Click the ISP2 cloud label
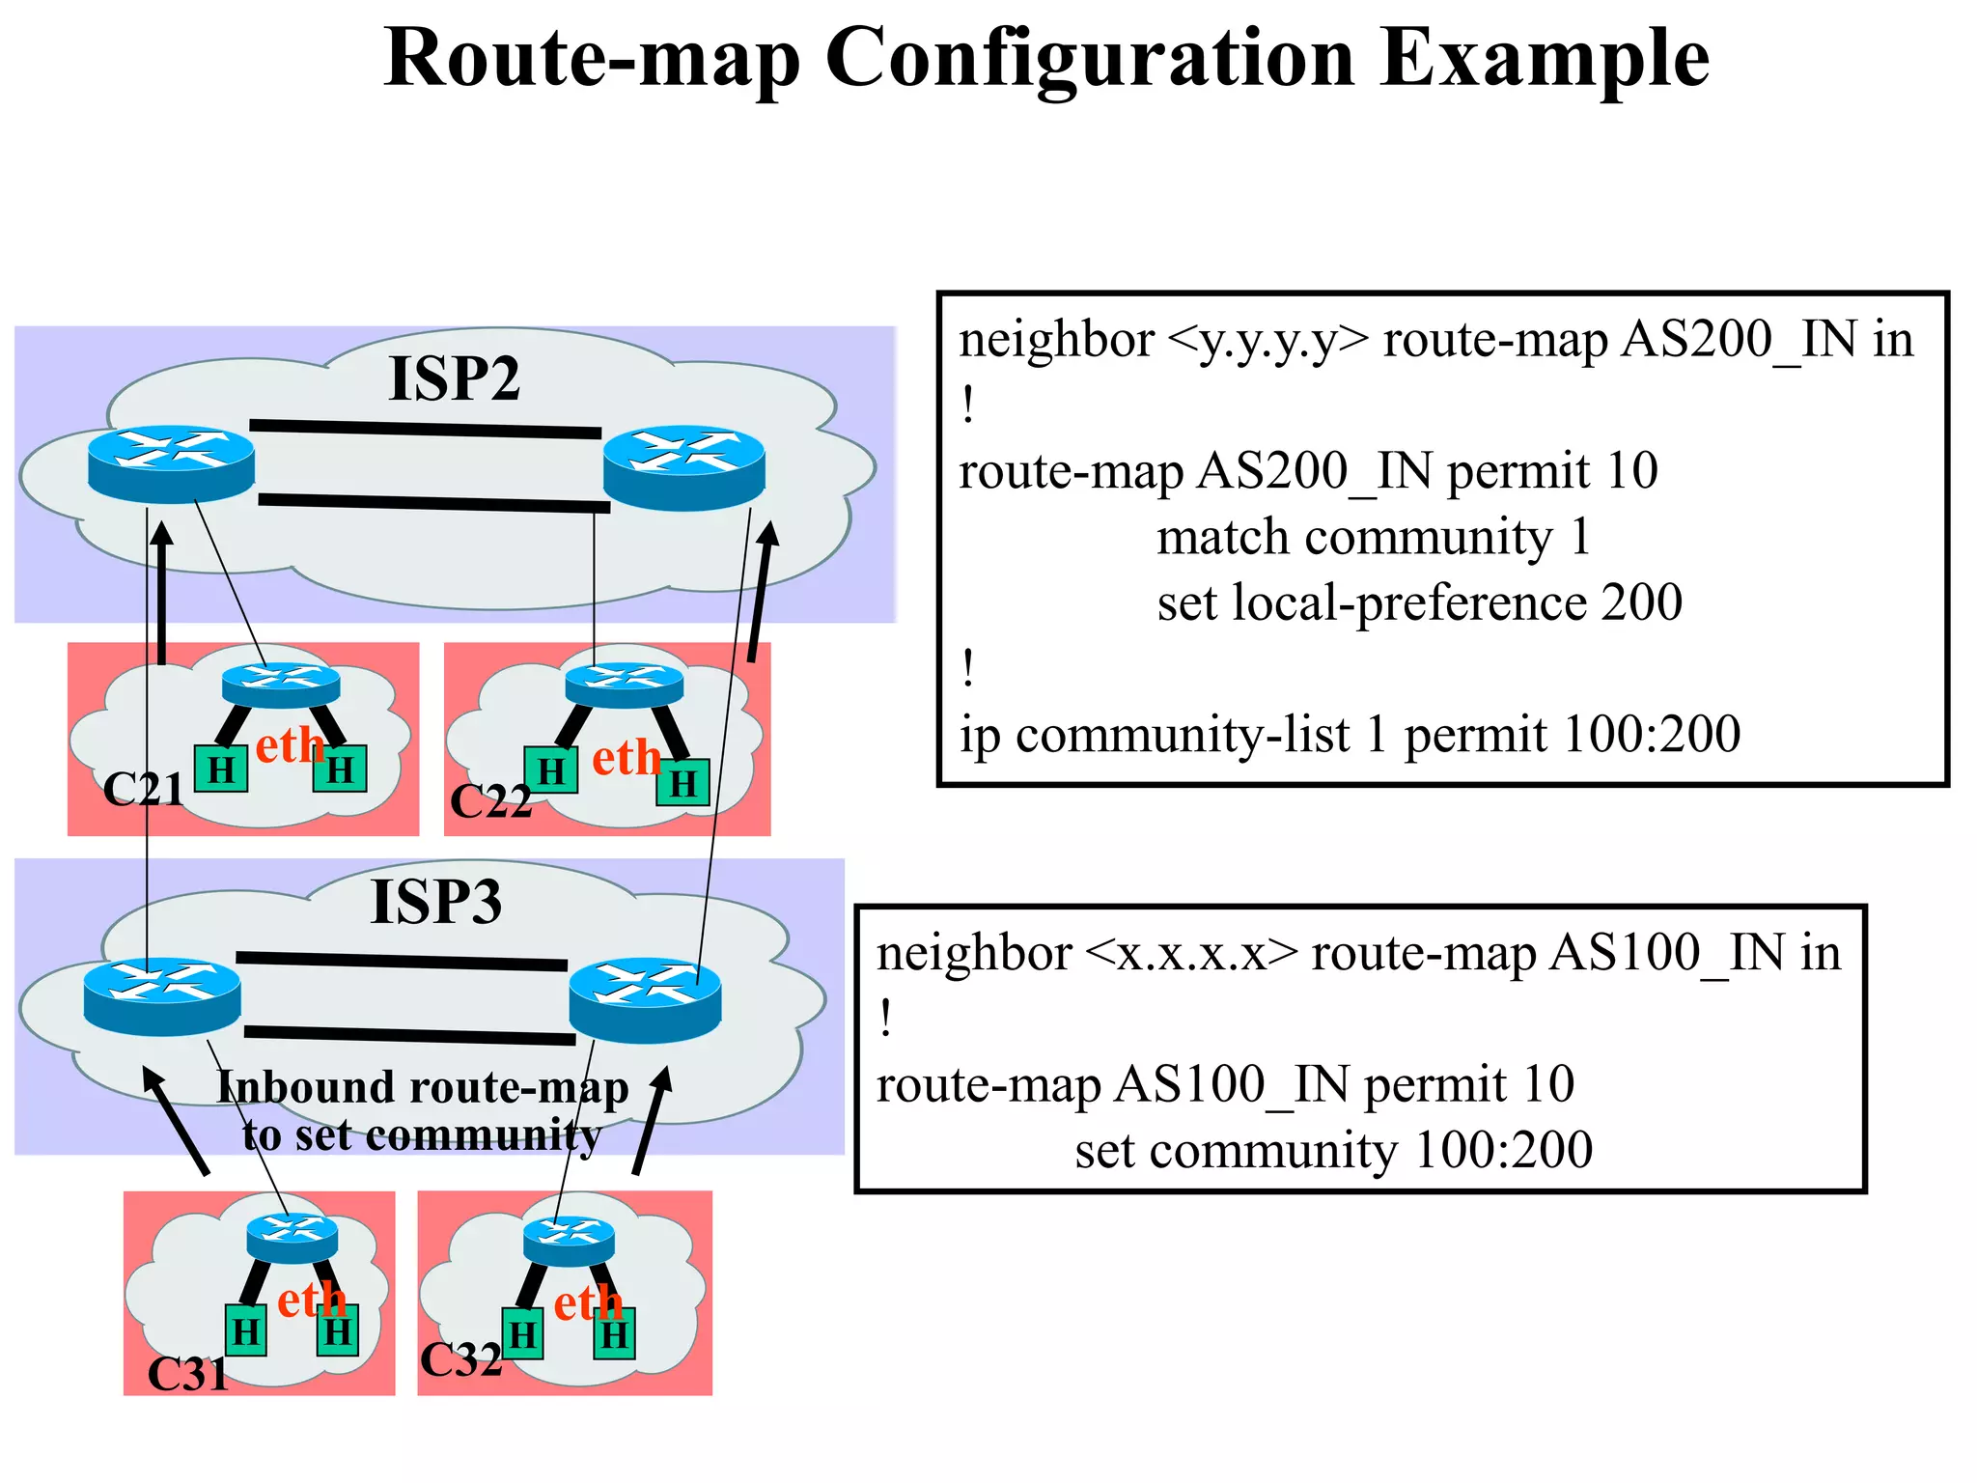pyautogui.click(x=454, y=378)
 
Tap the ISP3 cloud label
pyautogui.click(x=436, y=902)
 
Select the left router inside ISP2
pyautogui.click(x=171, y=463)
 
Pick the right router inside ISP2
pyautogui.click(x=683, y=467)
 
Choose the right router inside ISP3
pyautogui.click(x=645, y=999)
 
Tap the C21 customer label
pyautogui.click(x=143, y=790)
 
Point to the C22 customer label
pyautogui.click(x=490, y=801)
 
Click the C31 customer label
pyautogui.click(x=188, y=1373)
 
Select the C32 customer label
pyautogui.click(x=460, y=1359)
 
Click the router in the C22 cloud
pyautogui.click(x=624, y=685)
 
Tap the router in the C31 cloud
pyautogui.click(x=292, y=1237)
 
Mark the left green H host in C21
pyautogui.click(x=221, y=769)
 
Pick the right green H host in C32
pyautogui.click(x=614, y=1335)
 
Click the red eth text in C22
pyautogui.click(x=626, y=758)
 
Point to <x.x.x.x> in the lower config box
pyautogui.click(x=1191, y=954)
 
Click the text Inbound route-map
pyautogui.click(x=423, y=1087)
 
